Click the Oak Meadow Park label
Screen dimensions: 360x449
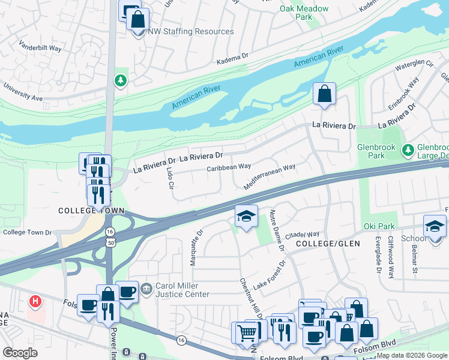coord(304,13)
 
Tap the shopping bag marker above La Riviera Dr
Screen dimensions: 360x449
coord(324,94)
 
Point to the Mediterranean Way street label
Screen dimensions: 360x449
coord(270,178)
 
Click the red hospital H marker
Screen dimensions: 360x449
coord(35,300)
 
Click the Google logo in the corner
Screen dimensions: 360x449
coord(20,353)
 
